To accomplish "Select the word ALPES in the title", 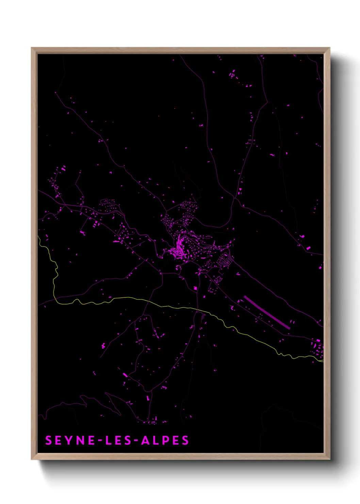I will [165, 440].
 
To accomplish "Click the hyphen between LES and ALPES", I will [135, 441].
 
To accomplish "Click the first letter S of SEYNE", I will [49, 440].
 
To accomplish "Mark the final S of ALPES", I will [185, 440].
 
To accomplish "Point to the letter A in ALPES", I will [145, 440].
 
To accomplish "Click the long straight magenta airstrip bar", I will [267, 312].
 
